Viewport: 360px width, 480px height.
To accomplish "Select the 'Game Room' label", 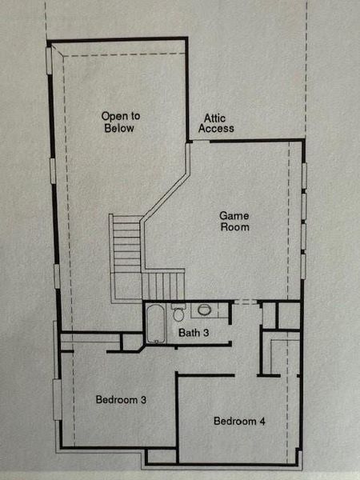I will click(234, 221).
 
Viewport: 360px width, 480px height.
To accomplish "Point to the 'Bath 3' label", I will click(194, 333).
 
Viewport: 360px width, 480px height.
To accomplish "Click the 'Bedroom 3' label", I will click(120, 398).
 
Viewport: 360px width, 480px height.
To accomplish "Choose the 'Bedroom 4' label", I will click(239, 421).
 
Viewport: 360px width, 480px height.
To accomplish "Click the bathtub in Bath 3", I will click(155, 324).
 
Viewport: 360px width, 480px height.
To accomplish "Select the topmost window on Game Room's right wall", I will click(303, 174).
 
